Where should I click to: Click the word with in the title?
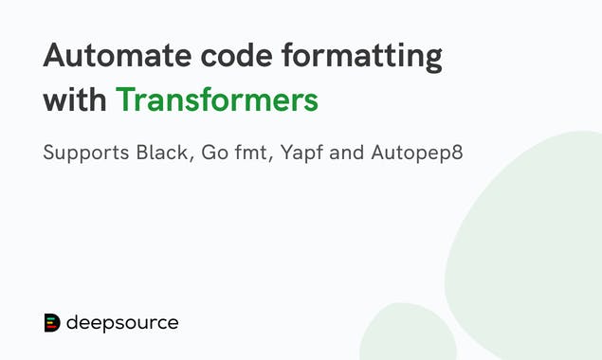coord(74,99)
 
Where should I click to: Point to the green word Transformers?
coord(216,99)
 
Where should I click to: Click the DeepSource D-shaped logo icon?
coord(52,323)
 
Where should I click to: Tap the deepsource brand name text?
coord(122,324)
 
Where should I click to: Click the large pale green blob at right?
coord(536,246)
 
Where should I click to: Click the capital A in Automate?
coord(55,58)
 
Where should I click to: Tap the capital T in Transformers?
coord(123,99)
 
